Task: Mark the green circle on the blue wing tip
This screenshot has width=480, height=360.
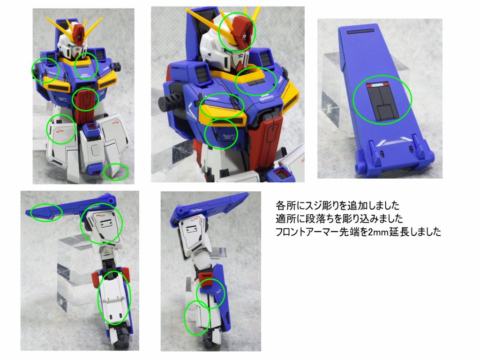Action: (45, 212)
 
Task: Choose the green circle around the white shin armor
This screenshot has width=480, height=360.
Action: (114, 298)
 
